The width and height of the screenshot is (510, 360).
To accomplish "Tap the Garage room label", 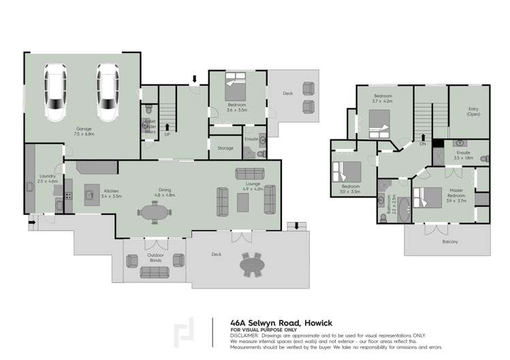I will (84, 128).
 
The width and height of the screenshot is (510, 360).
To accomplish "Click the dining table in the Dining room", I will (158, 213).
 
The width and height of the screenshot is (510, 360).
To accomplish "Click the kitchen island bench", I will (89, 196).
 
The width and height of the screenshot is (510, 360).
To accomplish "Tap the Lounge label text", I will (253, 184).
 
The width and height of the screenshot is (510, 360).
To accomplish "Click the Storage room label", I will (225, 148).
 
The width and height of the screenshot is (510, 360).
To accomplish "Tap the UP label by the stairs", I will (168, 134).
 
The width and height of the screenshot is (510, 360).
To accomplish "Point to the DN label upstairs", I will (423, 144).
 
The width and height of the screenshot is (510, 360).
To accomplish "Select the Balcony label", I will (450, 242).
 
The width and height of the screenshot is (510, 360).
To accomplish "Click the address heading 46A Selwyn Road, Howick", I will (281, 323).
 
